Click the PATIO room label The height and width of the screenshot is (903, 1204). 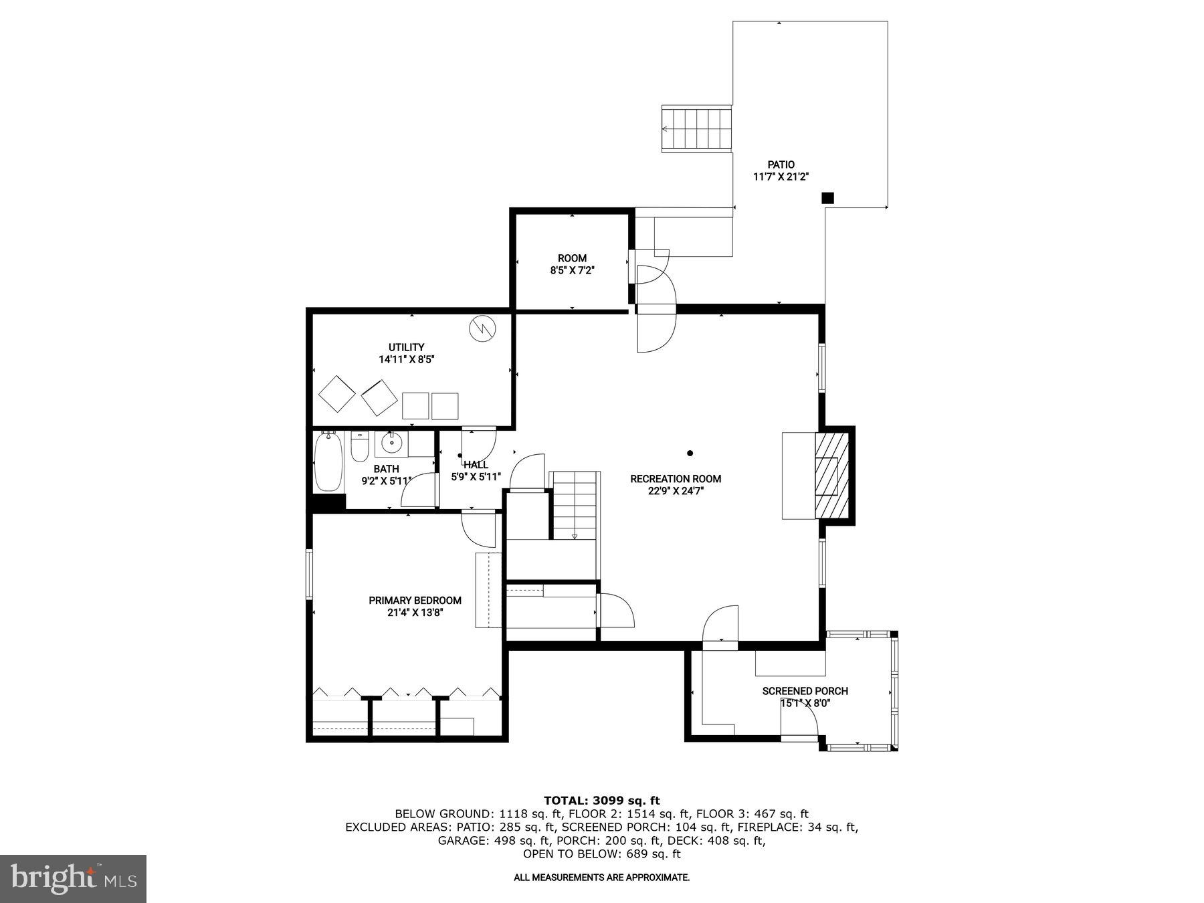pos(781,165)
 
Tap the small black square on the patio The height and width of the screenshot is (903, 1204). pos(827,197)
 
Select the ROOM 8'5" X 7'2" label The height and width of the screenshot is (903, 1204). pos(572,264)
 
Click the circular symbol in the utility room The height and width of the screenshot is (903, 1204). pos(482,328)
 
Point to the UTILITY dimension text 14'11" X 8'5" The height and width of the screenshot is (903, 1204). pos(407,359)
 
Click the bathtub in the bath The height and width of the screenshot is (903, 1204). pos(328,462)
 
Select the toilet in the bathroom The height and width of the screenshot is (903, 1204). pos(360,447)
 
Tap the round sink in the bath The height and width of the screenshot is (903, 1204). pos(391,442)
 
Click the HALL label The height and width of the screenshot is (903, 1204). pos(476,465)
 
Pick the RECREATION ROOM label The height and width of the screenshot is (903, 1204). pos(676,479)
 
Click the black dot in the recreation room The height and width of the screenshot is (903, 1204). pos(690,453)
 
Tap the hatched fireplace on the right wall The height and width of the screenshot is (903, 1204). pos(831,476)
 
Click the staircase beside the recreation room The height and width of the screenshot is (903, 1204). pos(574,505)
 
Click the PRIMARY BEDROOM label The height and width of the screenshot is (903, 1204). pos(415,601)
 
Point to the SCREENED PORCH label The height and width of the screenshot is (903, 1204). pos(805,691)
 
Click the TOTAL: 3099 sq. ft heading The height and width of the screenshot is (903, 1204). pos(601,800)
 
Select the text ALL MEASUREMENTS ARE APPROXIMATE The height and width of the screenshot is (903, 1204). pos(601,877)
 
